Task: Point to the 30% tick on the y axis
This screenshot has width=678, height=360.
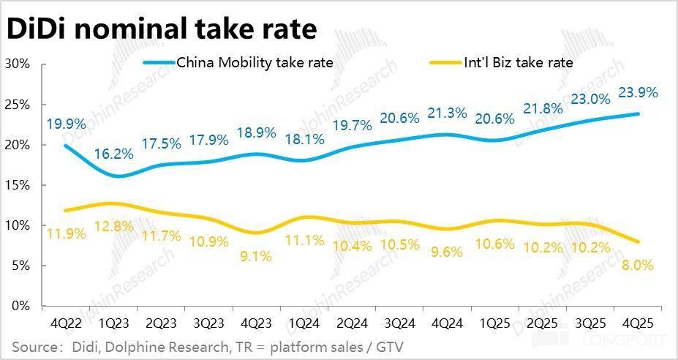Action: point(17,64)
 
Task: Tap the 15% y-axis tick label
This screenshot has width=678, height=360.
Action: point(17,185)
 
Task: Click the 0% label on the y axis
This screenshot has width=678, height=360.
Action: point(20,306)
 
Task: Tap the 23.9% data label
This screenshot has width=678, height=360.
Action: point(638,93)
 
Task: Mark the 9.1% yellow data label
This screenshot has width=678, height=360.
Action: point(258,255)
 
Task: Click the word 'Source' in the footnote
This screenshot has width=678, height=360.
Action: point(34,345)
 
